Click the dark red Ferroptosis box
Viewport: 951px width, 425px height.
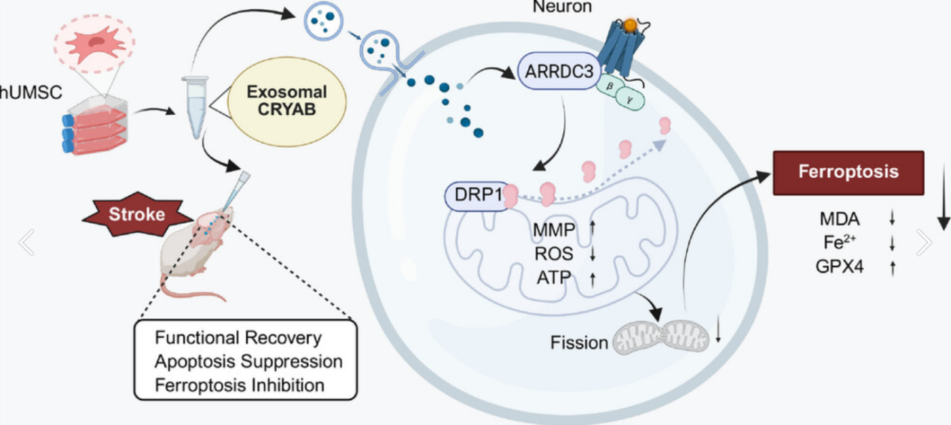tap(847, 172)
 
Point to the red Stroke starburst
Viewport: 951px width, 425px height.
tap(136, 213)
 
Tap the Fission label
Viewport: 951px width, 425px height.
tap(579, 343)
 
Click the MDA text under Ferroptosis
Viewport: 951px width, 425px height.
tap(840, 219)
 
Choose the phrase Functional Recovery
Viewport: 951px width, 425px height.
tap(238, 338)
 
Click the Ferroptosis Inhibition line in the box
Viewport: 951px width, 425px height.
tap(239, 385)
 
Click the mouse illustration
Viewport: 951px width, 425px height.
tap(193, 252)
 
